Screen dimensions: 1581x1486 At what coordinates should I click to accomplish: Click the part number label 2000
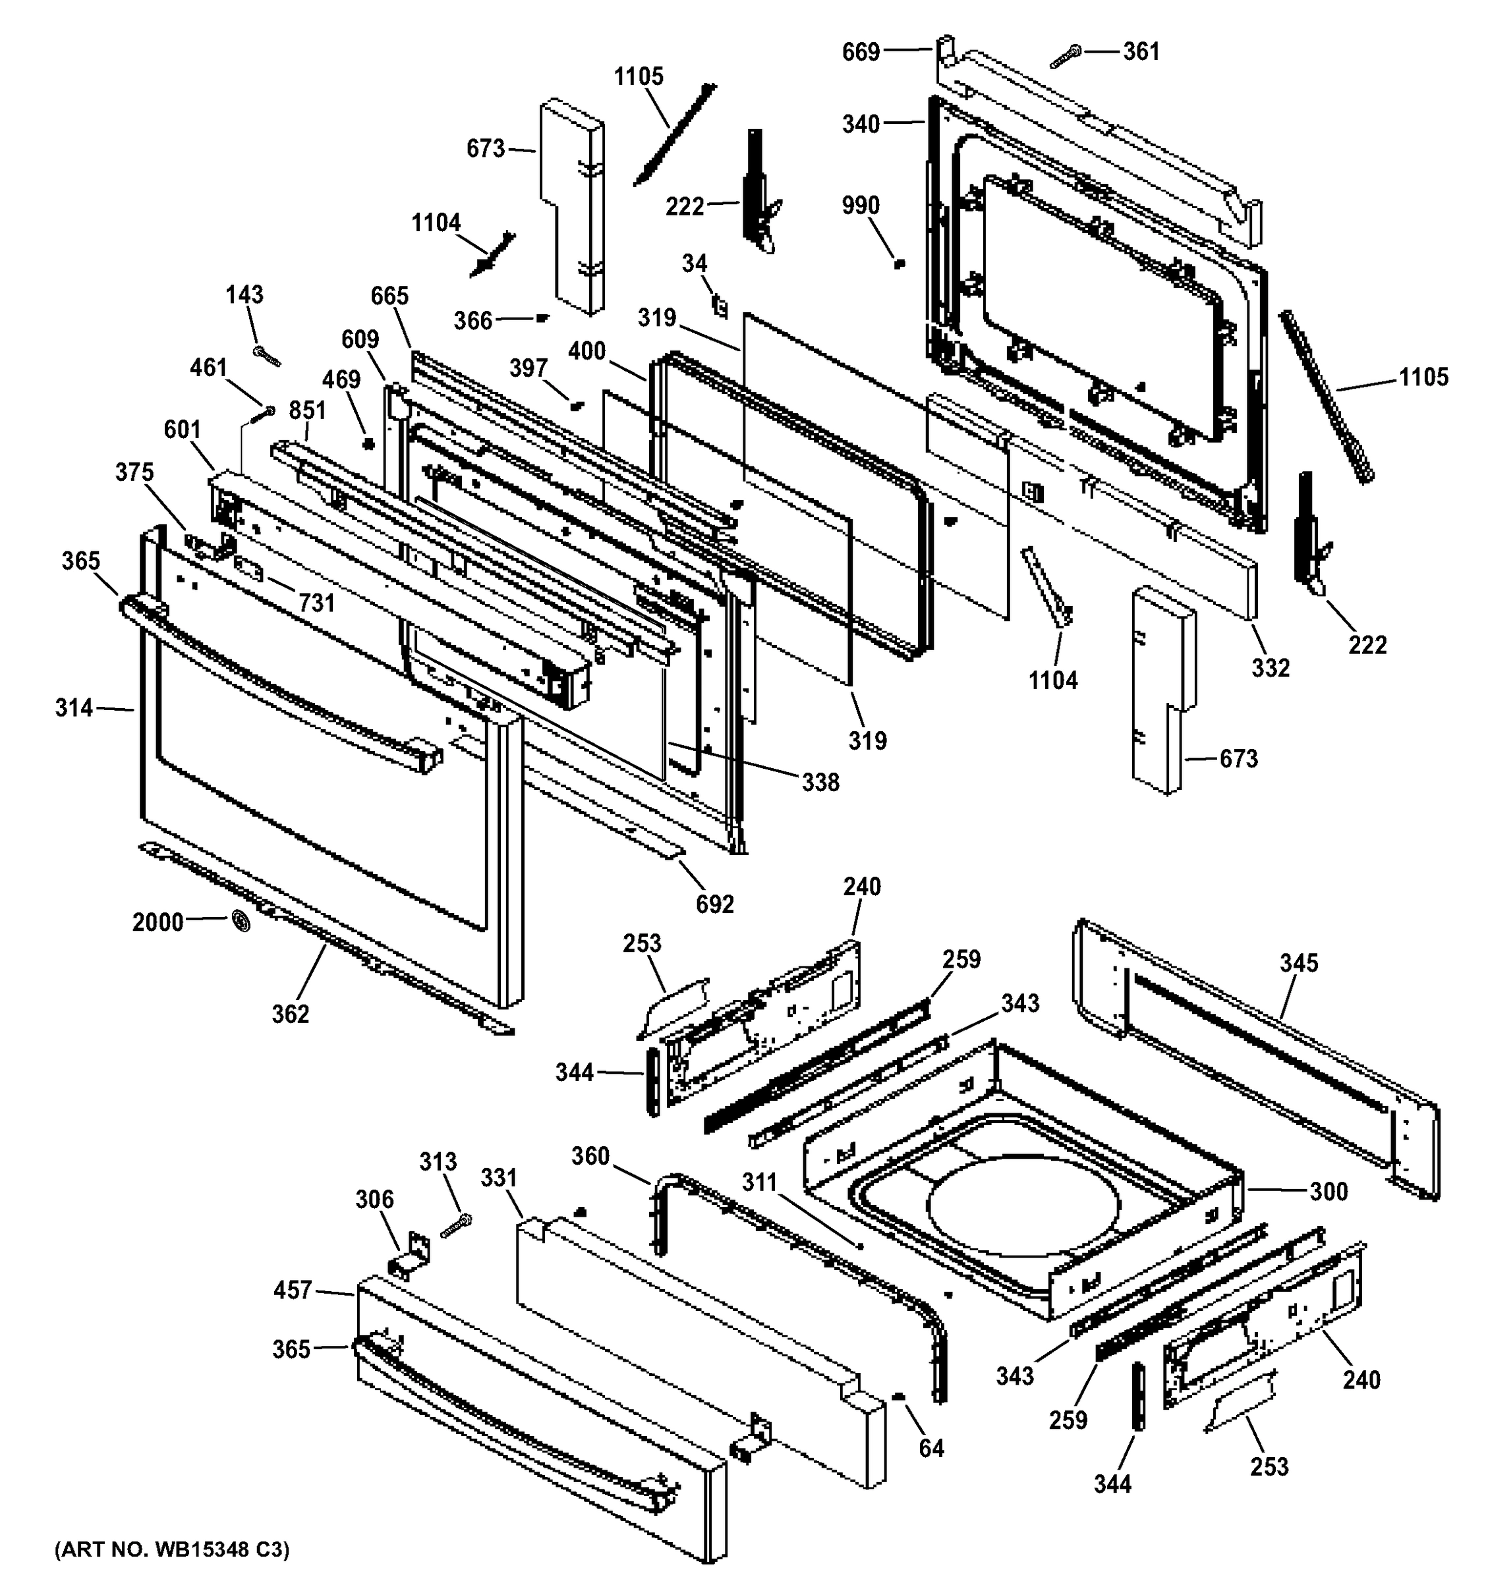[157, 922]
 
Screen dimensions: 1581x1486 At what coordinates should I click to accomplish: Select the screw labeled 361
[1065, 57]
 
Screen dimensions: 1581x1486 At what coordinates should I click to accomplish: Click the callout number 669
[861, 53]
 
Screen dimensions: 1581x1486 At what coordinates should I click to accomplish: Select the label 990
[861, 206]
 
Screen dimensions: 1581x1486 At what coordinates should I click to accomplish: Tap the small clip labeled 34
[720, 306]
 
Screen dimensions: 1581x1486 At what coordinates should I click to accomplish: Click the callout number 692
[714, 904]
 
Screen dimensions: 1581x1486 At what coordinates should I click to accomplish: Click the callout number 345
[1299, 963]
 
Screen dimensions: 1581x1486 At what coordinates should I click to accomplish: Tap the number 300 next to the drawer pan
[1329, 1191]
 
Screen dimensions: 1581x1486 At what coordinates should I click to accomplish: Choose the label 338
[820, 783]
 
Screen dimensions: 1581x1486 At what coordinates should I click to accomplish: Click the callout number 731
[316, 603]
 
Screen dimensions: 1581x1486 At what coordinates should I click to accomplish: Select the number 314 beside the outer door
[74, 707]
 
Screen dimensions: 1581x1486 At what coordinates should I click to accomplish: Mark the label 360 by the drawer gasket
[590, 1156]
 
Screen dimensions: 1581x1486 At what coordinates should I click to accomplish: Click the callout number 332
[1271, 668]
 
